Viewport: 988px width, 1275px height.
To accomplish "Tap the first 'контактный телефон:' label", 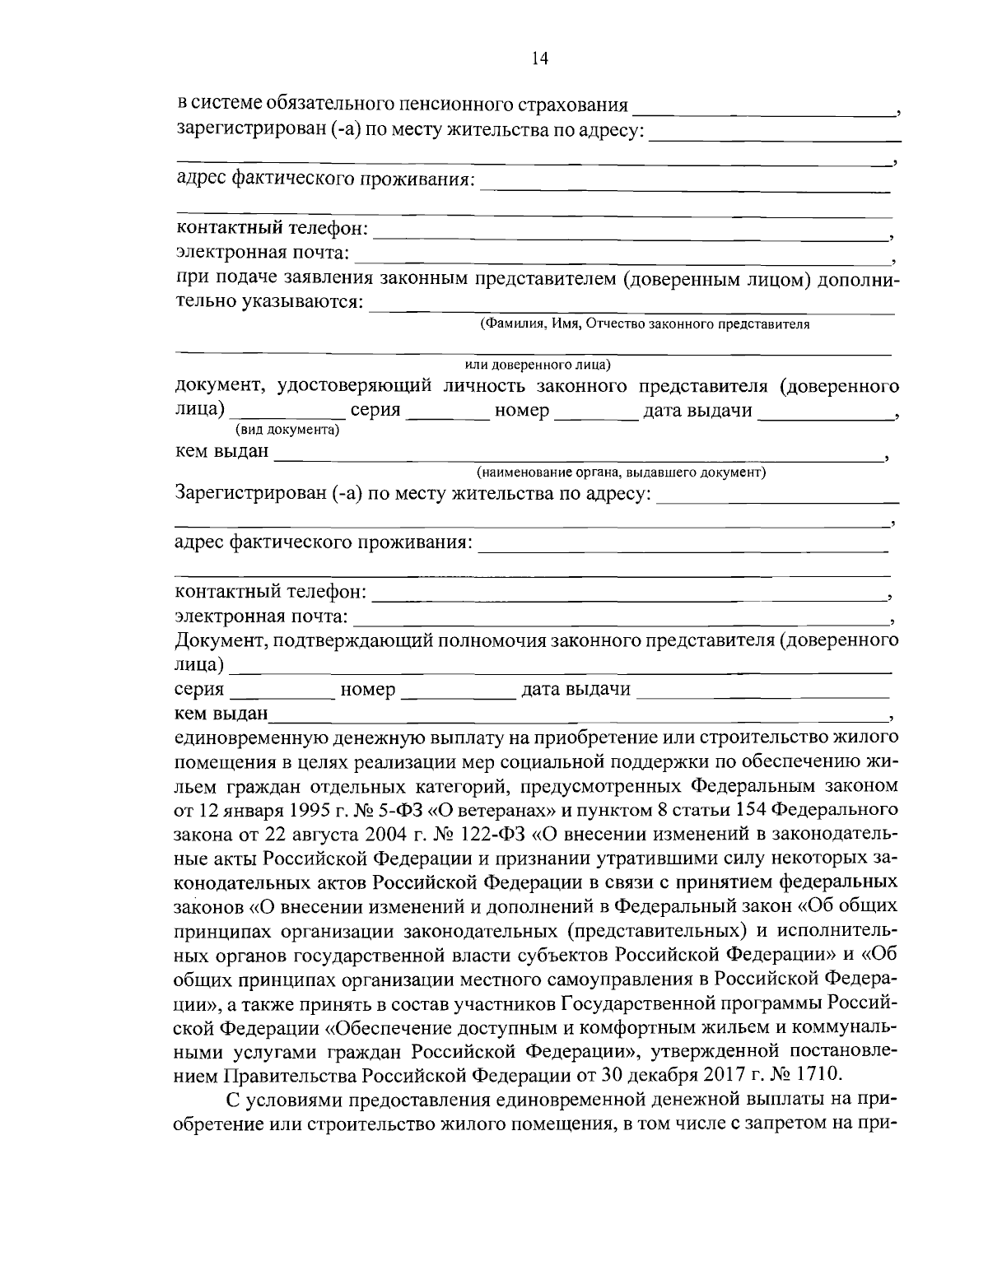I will [x=273, y=226].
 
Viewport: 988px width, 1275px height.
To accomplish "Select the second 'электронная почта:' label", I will [x=263, y=617].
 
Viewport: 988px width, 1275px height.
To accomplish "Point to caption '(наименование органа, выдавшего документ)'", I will [x=622, y=472].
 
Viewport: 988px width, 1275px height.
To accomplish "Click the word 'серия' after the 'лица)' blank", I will [x=375, y=411].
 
